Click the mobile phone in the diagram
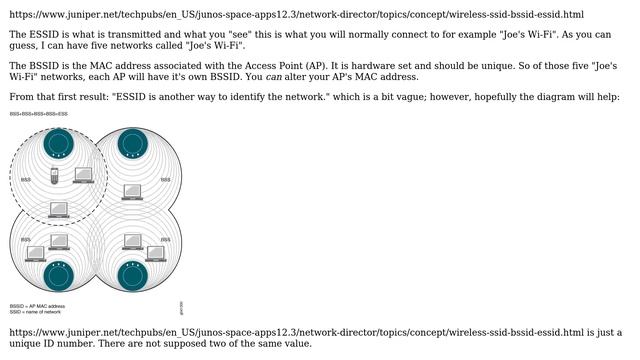(x=57, y=177)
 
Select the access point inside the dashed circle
(x=58, y=143)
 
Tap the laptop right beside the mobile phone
(x=83, y=175)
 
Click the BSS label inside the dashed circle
(x=25, y=180)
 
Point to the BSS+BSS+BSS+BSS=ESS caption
(x=39, y=114)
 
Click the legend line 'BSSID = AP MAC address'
(x=37, y=306)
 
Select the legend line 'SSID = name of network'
(x=35, y=312)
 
